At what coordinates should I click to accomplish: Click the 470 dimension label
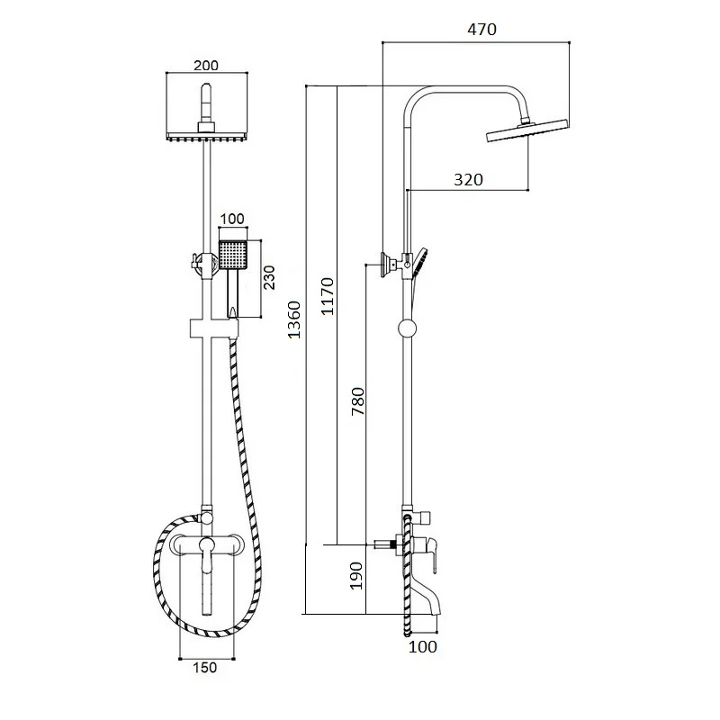(x=481, y=30)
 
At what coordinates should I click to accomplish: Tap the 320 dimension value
(x=468, y=179)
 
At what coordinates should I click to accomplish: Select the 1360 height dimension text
(x=294, y=319)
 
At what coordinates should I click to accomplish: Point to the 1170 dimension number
(x=328, y=296)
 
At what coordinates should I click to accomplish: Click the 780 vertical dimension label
(x=357, y=401)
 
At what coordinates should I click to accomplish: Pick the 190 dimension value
(x=356, y=576)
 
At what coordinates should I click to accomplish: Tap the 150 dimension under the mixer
(x=205, y=667)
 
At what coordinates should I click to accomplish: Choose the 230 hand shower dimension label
(x=269, y=277)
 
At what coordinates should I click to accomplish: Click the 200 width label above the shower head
(x=206, y=66)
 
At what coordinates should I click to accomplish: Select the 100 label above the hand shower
(x=232, y=219)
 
